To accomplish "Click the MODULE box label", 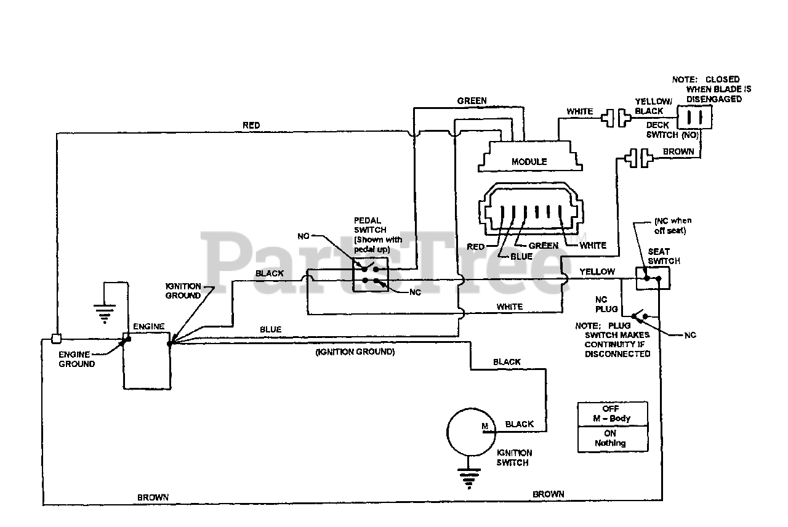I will point(529,161).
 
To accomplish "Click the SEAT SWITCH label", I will point(664,256).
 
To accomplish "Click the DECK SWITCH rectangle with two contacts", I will point(694,116).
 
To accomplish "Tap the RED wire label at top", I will point(251,126).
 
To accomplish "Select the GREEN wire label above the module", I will point(472,101).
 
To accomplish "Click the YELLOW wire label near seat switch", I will point(597,272).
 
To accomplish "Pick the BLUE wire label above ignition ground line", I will point(270,329).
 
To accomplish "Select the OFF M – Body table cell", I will point(612,414).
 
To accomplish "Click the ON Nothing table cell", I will point(612,438).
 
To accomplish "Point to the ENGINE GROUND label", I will point(77,359).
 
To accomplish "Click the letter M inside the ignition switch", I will point(484,426).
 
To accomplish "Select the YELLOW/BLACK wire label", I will point(649,107).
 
